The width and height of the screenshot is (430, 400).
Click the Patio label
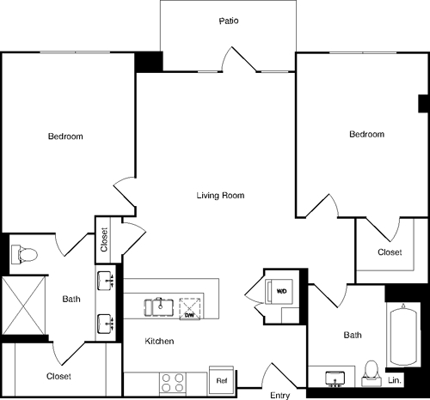(228, 20)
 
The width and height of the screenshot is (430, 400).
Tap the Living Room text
(221, 196)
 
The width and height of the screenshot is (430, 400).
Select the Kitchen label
(159, 342)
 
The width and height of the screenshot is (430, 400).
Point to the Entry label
(279, 395)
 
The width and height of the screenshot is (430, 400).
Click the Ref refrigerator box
(221, 379)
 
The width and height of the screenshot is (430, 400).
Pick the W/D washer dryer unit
(281, 291)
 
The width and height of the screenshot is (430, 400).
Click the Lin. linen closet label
(395, 379)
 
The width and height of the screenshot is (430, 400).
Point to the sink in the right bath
(336, 376)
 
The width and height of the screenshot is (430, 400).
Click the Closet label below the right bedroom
(390, 252)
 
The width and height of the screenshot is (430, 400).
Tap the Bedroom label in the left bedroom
(65, 137)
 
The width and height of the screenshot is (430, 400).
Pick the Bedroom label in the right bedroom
(366, 135)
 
